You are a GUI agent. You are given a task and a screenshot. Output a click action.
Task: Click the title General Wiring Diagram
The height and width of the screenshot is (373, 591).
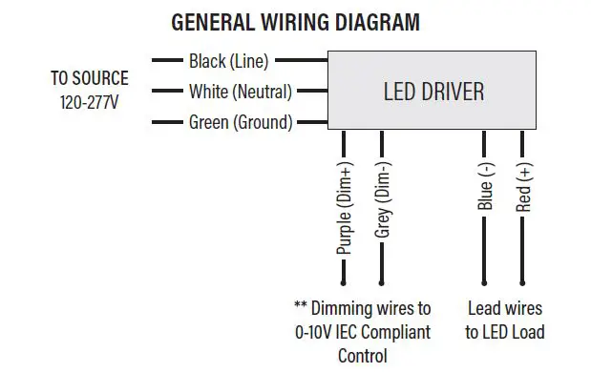point(294,22)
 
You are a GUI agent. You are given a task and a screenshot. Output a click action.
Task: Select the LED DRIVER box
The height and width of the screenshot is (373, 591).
point(433,92)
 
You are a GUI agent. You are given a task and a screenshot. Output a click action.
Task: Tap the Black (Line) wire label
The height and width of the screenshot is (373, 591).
point(229,61)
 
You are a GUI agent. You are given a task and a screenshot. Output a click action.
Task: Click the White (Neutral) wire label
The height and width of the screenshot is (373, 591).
point(240,92)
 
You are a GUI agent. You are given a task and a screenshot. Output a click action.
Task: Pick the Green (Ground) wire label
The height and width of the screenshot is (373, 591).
point(241,122)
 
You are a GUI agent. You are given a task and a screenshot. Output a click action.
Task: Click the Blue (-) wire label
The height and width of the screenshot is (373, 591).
point(485,186)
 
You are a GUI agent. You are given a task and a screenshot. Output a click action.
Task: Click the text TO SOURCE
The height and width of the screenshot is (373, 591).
point(89,79)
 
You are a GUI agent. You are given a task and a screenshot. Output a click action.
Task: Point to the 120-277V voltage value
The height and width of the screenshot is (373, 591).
point(89,101)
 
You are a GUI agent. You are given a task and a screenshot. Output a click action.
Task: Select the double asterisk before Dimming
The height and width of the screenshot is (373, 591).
point(302,307)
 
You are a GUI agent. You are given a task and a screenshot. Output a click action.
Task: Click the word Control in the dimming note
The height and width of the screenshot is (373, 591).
point(363,356)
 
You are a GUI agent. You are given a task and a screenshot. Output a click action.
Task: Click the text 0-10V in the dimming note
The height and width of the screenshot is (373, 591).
point(315,332)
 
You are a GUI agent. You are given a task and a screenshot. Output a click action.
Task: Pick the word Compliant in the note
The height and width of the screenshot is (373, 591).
point(395,332)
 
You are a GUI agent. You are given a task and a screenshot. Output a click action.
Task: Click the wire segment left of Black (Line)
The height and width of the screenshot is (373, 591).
point(167,61)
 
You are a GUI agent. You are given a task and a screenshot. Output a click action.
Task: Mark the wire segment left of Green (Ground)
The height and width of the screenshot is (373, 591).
point(167,122)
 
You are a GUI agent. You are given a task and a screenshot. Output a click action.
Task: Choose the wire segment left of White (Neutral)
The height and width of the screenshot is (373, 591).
point(167,92)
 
